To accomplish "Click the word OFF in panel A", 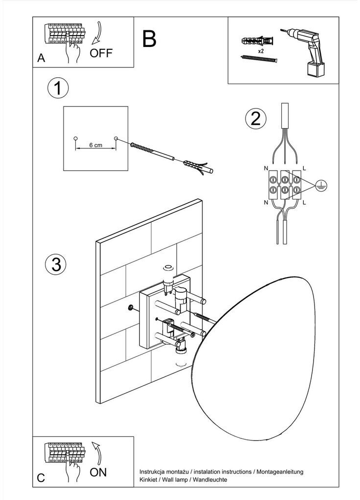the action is (101, 53).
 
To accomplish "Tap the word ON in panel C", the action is (98, 472).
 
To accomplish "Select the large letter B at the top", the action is (149, 39).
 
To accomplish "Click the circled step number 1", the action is (58, 88).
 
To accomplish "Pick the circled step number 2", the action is (256, 119).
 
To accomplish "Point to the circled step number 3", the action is (56, 264).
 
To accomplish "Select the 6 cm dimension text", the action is (96, 145).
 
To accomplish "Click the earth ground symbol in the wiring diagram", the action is (321, 185).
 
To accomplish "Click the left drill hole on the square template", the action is (76, 138).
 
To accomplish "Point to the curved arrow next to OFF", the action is (97, 33).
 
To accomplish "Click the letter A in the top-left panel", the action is (41, 58).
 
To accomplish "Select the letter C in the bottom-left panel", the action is (41, 478).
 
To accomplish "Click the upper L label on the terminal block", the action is (304, 168).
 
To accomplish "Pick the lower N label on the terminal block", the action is (266, 202).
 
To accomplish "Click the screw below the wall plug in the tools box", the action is (259, 58).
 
